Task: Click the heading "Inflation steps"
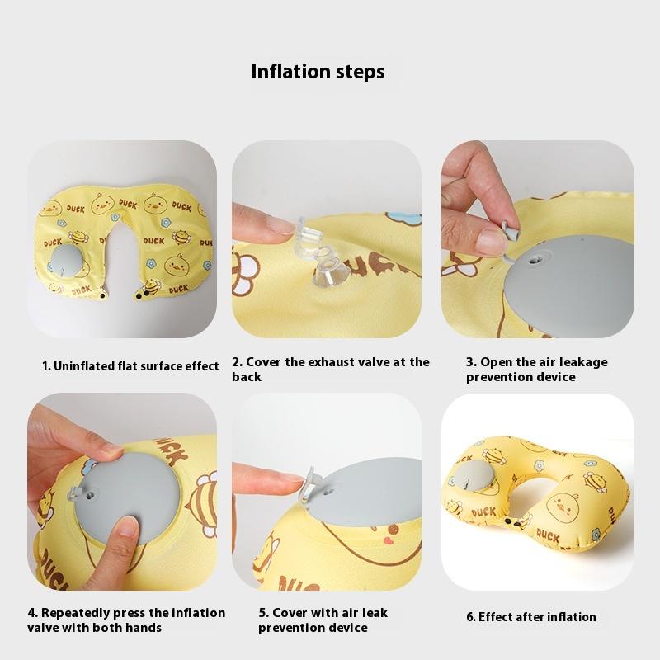pyautogui.click(x=318, y=72)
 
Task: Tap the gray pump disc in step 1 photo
pyautogui.click(x=69, y=262)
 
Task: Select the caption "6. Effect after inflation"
pyautogui.click(x=531, y=616)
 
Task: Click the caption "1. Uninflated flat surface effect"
pyautogui.click(x=130, y=366)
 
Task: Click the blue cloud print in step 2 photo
pyautogui.click(x=403, y=218)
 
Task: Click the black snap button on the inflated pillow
pyautogui.click(x=508, y=521)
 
